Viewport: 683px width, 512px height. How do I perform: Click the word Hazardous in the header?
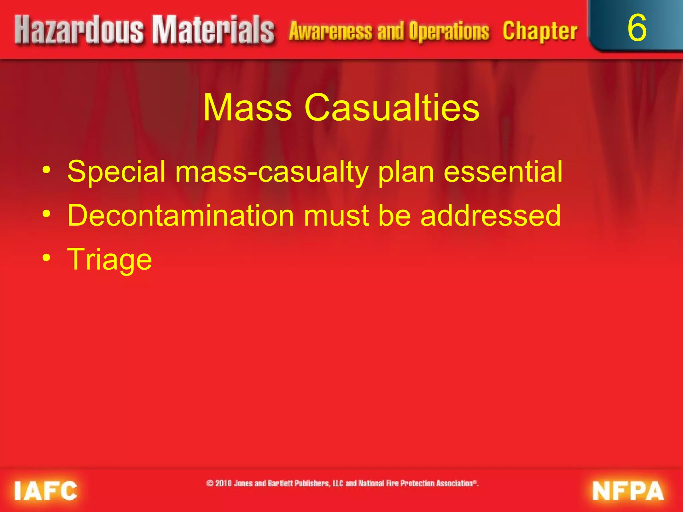pyautogui.click(x=79, y=31)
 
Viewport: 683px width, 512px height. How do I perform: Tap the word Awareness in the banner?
pyautogui.click(x=330, y=32)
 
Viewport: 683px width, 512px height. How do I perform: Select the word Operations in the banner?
pyautogui.click(x=449, y=32)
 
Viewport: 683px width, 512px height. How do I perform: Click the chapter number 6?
pyautogui.click(x=637, y=28)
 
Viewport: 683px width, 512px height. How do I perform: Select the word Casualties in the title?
pyautogui.click(x=392, y=108)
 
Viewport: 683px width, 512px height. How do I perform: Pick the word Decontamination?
pyautogui.click(x=180, y=216)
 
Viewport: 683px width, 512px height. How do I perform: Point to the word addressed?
pyautogui.click(x=491, y=216)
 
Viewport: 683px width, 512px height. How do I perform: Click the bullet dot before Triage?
pyautogui.click(x=47, y=258)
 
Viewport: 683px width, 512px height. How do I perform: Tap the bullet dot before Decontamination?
pyautogui.click(x=47, y=214)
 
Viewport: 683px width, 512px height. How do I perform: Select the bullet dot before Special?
pyautogui.click(x=47, y=170)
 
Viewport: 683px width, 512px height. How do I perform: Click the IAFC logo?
pyautogui.click(x=46, y=491)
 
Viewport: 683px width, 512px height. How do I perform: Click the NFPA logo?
pyautogui.click(x=628, y=491)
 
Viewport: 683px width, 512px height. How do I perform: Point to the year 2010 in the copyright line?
pyautogui.click(x=223, y=483)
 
